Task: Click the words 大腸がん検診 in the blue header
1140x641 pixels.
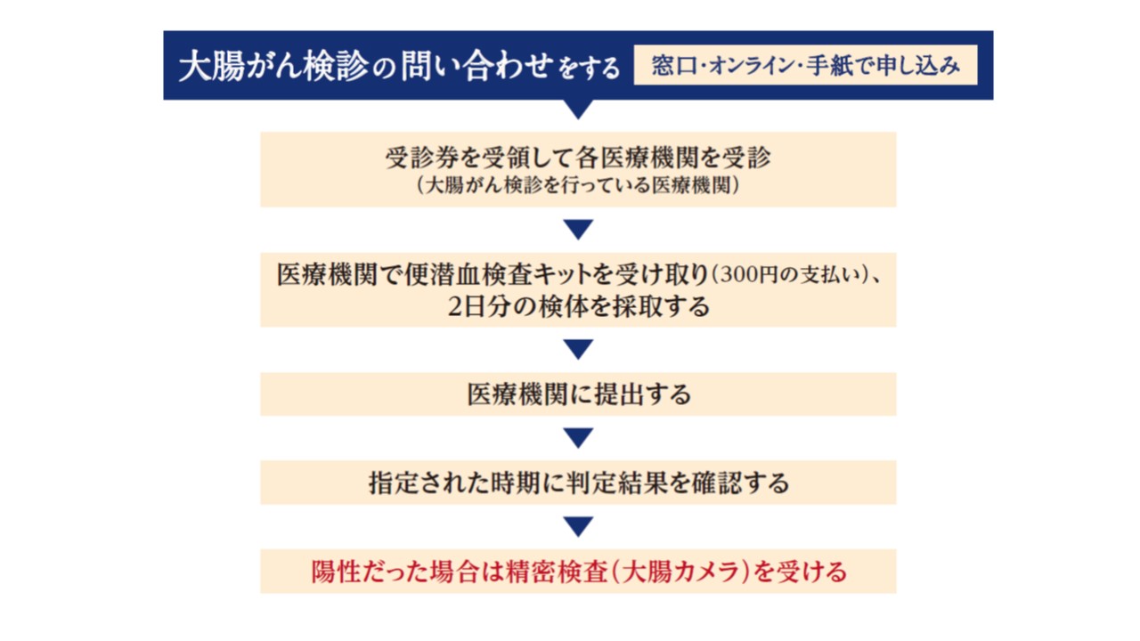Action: [x=273, y=66]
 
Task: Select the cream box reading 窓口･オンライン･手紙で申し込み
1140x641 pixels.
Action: [x=805, y=65]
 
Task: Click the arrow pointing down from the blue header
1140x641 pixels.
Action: [x=578, y=109]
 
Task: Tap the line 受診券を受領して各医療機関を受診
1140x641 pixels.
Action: [x=578, y=158]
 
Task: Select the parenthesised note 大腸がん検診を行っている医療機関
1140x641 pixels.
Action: [x=578, y=185]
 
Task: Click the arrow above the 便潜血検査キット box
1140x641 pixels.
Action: [x=578, y=230]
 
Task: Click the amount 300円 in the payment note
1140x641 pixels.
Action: [x=749, y=275]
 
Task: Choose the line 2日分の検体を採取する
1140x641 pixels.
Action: [x=578, y=306]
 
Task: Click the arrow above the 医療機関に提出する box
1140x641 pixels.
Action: [x=578, y=350]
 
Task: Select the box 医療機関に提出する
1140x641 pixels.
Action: [x=578, y=394]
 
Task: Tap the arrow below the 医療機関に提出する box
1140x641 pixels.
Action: [x=578, y=438]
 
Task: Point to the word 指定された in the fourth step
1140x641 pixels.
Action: [x=429, y=483]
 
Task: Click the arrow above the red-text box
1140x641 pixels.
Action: [x=578, y=526]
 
